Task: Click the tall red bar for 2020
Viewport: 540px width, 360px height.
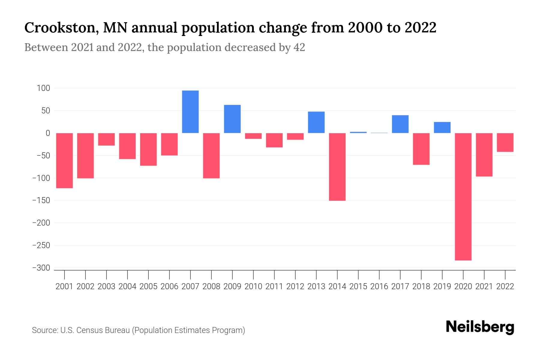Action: (463, 196)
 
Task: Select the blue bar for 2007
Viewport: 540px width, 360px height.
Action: (190, 112)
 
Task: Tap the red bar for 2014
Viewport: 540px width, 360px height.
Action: (337, 167)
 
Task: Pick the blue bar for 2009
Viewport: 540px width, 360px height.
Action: (232, 119)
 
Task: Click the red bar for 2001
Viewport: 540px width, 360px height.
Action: (64, 160)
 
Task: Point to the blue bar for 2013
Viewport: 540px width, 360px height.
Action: (316, 122)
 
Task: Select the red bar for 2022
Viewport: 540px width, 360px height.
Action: (505, 142)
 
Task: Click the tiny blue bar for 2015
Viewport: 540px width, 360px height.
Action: (358, 132)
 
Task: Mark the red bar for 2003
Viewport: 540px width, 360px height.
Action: (106, 139)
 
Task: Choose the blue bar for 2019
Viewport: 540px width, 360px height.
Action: (442, 127)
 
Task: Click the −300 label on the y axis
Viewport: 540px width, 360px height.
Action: (41, 268)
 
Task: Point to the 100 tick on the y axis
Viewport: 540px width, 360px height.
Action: (43, 88)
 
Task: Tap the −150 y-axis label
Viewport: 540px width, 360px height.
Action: (41, 200)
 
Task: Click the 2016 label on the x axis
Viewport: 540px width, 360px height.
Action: (379, 286)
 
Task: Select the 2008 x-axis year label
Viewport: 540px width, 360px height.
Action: (211, 286)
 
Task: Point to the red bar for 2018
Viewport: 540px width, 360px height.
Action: (421, 149)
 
